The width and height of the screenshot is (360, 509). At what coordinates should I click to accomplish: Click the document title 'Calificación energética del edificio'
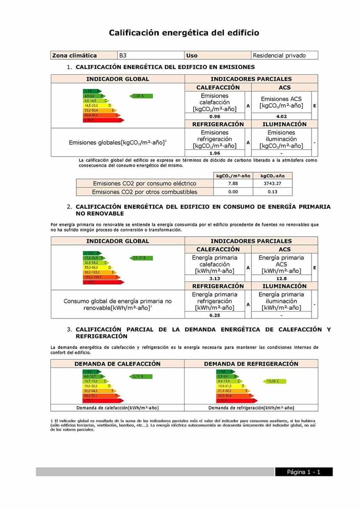(184, 33)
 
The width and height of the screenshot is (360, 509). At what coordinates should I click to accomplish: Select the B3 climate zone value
(123, 56)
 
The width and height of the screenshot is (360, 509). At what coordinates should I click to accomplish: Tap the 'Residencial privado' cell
(279, 56)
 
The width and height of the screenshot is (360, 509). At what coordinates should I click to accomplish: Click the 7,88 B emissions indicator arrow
(141, 96)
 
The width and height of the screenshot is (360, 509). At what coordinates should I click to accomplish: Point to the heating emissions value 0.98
(214, 116)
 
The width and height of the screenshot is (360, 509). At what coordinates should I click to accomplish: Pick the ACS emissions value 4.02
(281, 116)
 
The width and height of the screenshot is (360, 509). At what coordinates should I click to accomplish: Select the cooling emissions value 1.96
(214, 153)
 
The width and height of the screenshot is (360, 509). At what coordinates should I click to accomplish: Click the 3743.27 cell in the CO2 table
(272, 184)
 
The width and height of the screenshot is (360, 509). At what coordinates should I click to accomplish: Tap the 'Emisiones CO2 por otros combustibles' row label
(144, 192)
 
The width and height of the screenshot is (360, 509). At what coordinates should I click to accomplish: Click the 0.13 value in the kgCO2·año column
(272, 192)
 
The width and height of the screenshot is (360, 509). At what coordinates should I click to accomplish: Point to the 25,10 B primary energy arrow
(141, 258)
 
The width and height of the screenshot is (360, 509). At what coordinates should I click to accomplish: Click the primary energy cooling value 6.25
(214, 315)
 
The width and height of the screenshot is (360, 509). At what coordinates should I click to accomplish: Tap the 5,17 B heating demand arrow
(141, 376)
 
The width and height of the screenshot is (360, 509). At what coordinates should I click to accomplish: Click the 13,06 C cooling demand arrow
(274, 381)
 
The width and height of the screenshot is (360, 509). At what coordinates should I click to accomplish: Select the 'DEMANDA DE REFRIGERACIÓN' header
(251, 364)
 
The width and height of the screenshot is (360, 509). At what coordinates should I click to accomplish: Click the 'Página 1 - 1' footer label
(304, 472)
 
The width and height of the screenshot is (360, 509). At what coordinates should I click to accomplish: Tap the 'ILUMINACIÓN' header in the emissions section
(284, 124)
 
